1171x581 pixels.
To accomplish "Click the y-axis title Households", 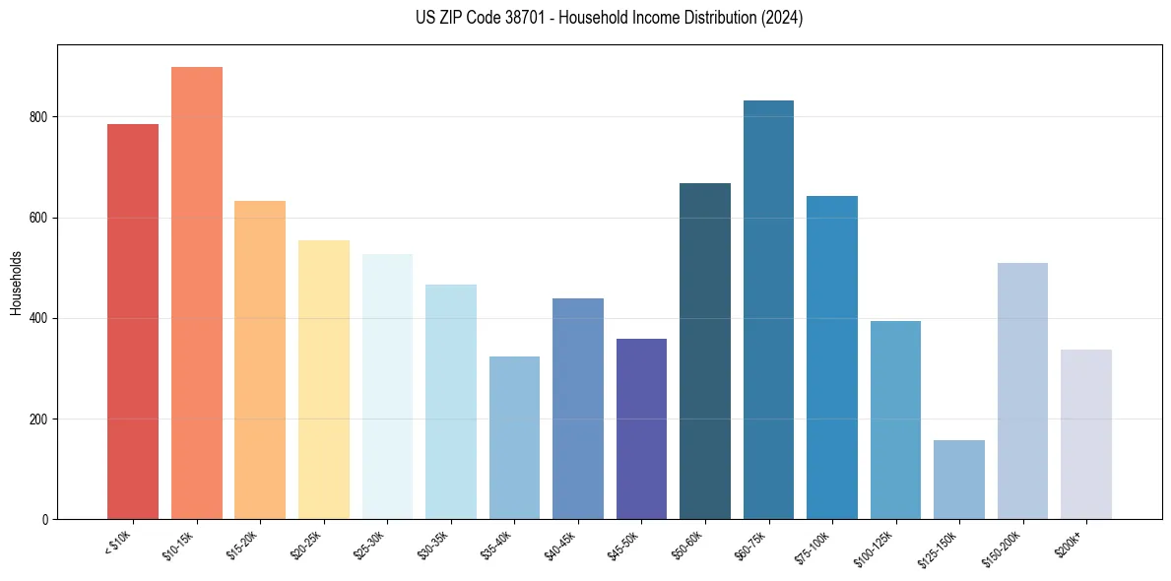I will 16,283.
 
